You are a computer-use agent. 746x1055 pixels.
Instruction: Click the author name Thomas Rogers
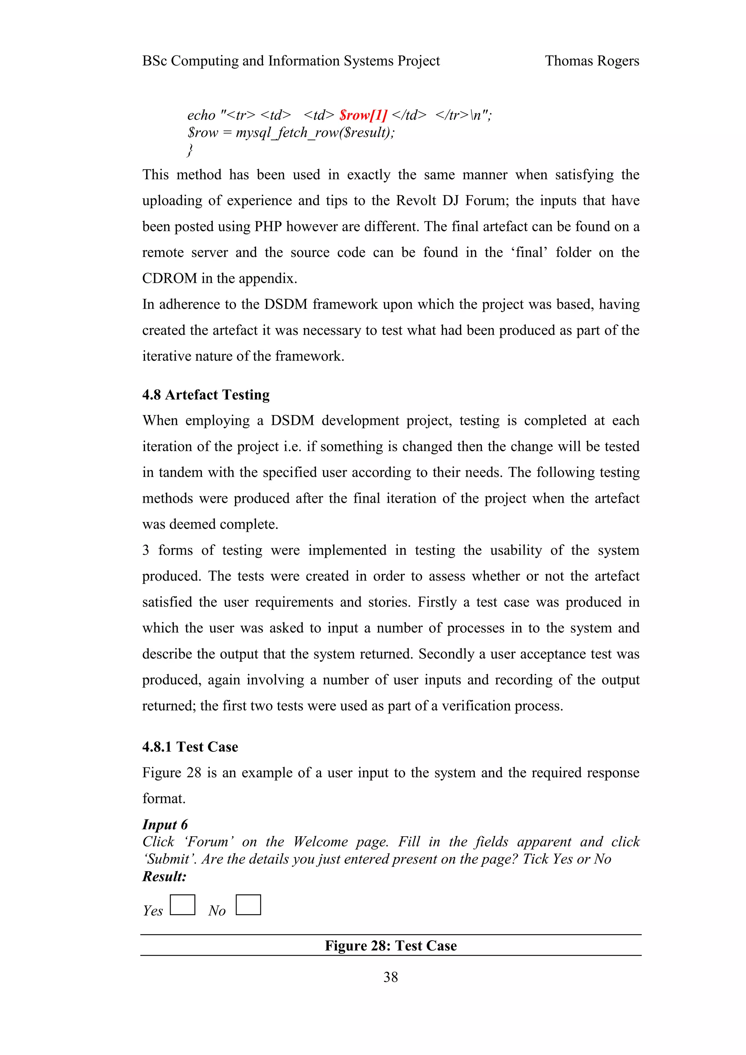tap(592, 61)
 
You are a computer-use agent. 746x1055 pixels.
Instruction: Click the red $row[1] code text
tap(363, 115)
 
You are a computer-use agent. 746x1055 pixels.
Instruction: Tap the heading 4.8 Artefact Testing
tap(205, 395)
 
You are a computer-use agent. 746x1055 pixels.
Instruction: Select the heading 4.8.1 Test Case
tap(190, 747)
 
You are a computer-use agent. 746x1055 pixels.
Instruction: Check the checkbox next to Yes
tap(182, 905)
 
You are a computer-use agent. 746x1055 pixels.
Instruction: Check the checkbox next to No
tap(248, 905)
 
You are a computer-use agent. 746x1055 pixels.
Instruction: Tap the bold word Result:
tap(164, 877)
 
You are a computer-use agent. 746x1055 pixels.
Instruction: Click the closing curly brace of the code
tap(190, 150)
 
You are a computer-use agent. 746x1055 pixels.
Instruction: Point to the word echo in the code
tap(201, 115)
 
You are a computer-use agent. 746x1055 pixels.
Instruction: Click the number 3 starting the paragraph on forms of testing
tap(146, 550)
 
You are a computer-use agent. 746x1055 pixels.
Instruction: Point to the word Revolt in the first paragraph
tap(417, 201)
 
